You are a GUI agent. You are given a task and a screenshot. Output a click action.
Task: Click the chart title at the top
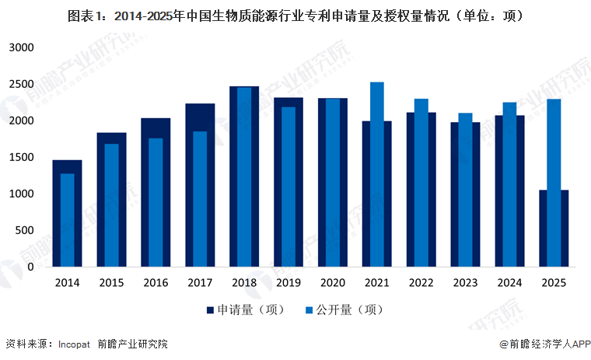click(x=295, y=15)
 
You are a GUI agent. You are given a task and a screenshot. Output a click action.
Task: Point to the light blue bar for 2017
click(x=200, y=198)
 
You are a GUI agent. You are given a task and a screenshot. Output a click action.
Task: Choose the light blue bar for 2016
click(x=156, y=202)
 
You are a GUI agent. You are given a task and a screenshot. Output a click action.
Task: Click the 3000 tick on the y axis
click(x=21, y=47)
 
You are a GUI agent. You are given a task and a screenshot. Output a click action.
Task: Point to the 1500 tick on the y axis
click(x=21, y=157)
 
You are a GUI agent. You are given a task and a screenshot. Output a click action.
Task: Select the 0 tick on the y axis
click(x=30, y=267)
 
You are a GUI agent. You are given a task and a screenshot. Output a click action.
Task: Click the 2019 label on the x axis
click(x=289, y=283)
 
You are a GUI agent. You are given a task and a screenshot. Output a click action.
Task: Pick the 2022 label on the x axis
click(x=421, y=283)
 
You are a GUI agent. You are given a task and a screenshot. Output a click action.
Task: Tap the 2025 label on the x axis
click(x=554, y=283)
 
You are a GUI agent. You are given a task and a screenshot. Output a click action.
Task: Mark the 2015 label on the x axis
click(x=111, y=283)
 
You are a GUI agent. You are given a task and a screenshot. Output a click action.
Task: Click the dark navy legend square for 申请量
click(x=210, y=310)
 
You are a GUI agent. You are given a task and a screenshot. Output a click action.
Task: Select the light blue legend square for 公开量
click(x=310, y=310)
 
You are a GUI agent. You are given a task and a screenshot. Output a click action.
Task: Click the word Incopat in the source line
click(x=75, y=344)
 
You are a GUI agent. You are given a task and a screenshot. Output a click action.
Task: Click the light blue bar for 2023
click(x=465, y=190)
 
